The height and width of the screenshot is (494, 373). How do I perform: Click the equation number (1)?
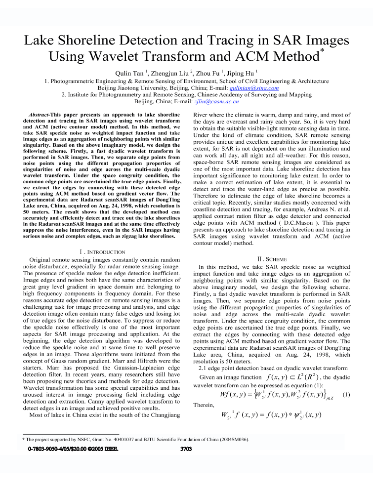click(x=346, y=394)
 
